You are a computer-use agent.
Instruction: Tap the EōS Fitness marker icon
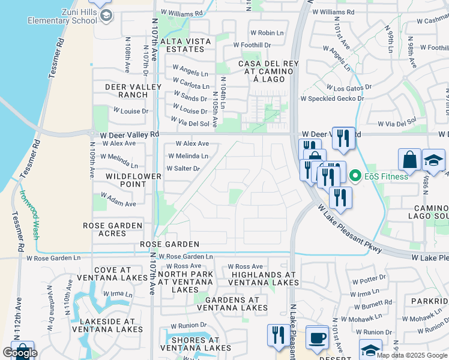click(x=355, y=176)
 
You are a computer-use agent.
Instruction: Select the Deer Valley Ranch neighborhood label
click(x=133, y=91)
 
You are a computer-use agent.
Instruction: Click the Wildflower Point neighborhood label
click(x=134, y=180)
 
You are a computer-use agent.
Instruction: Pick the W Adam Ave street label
click(x=119, y=200)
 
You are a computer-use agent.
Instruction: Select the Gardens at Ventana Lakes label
click(x=236, y=304)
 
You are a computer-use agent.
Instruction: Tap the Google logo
click(x=20, y=353)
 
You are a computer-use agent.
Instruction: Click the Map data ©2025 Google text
click(x=411, y=355)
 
